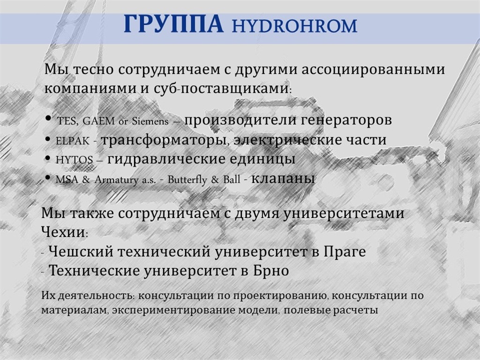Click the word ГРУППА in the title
(173, 23)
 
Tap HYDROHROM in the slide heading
(294, 26)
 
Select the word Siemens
(150, 121)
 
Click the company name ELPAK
(73, 141)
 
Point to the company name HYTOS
(74, 160)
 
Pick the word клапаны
(283, 178)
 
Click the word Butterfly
(187, 180)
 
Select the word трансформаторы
(165, 140)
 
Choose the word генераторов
(346, 120)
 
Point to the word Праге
(345, 252)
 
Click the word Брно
(271, 270)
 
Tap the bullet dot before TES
(48, 119)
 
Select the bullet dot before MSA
(47, 177)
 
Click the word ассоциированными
(373, 70)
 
